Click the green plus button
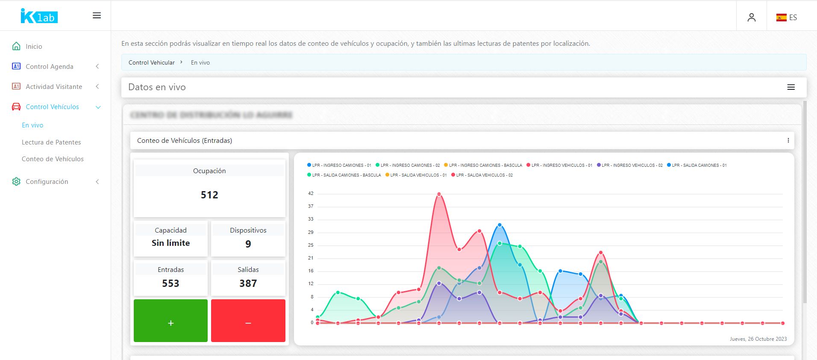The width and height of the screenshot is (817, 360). [170, 321]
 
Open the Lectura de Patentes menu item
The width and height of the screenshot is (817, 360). [51, 142]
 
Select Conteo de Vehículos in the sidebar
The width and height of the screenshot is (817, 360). [53, 159]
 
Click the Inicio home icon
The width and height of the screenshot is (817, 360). [16, 46]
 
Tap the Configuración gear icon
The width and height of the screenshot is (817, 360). [16, 182]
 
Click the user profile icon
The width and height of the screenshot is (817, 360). [751, 18]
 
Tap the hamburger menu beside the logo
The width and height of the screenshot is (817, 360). [97, 16]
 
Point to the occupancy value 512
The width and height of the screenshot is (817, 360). [209, 195]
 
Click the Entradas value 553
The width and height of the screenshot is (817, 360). [170, 283]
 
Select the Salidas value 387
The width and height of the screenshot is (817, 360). [248, 283]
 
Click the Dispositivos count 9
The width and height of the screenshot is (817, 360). [248, 244]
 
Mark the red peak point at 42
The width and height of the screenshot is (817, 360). [439, 195]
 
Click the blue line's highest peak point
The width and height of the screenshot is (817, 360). [500, 225]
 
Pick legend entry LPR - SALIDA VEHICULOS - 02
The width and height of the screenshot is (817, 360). [484, 175]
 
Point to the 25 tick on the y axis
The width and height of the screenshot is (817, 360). [311, 245]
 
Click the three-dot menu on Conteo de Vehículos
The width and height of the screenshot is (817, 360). [788, 140]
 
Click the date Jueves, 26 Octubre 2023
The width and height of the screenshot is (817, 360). [758, 339]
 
